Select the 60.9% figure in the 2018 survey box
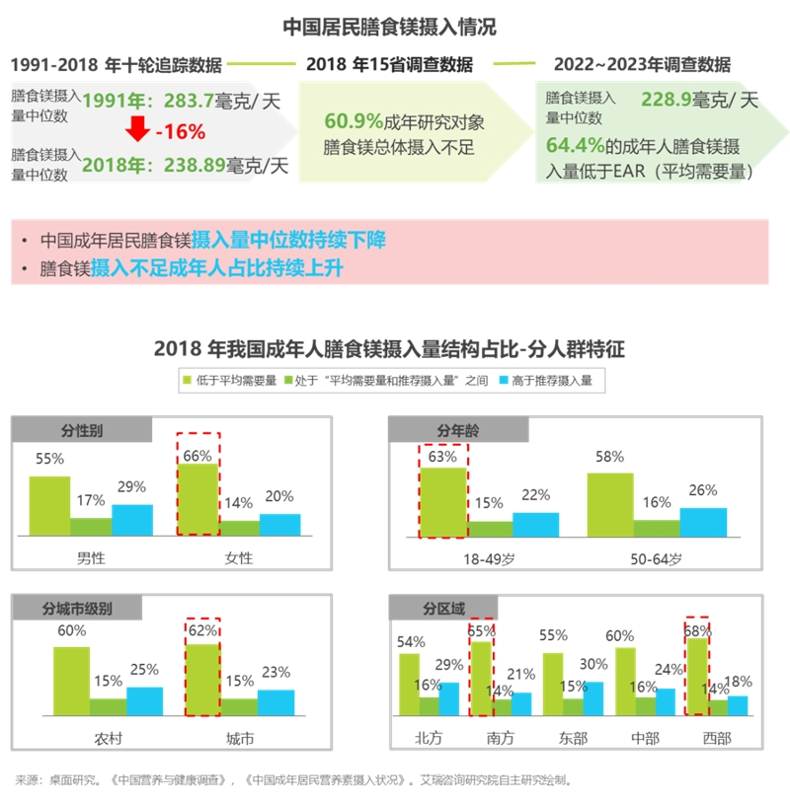tap(353, 121)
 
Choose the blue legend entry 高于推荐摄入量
tap(546, 380)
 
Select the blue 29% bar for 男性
tap(132, 520)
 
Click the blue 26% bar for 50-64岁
tap(703, 522)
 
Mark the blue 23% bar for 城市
tap(276, 701)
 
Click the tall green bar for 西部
tap(697, 676)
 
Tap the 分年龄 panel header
tap(458, 431)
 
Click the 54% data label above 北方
tap(411, 642)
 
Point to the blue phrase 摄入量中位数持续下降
tap(288, 239)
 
